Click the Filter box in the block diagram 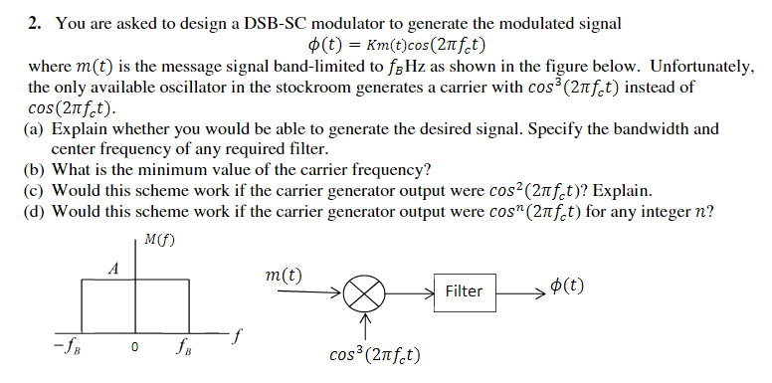click(464, 291)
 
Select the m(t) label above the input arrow click(286, 274)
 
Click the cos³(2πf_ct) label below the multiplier click(370, 354)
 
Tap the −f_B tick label click(69, 349)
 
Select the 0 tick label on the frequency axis click(132, 348)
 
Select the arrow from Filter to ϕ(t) click(519, 291)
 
